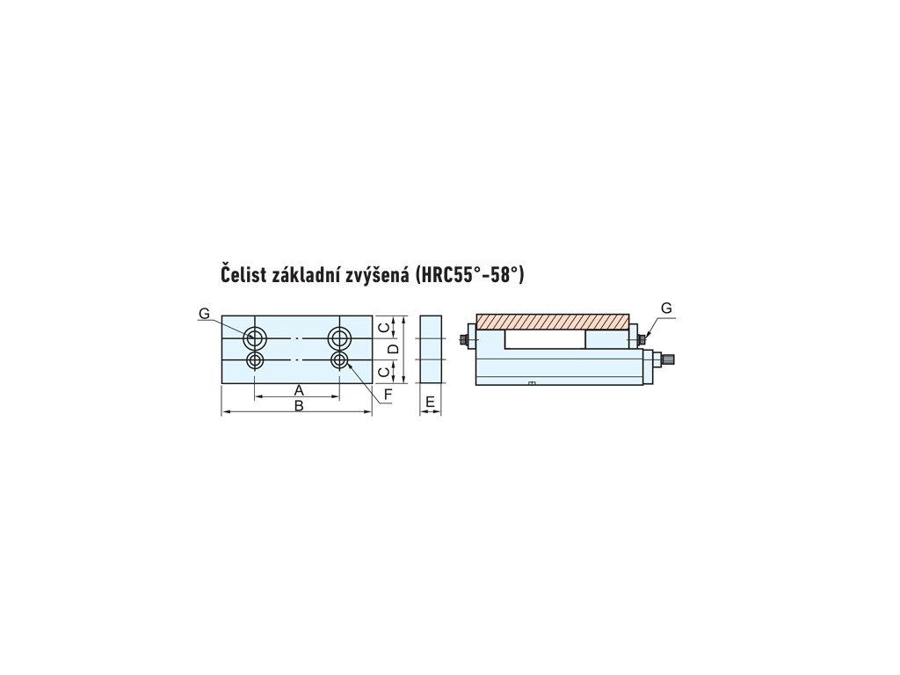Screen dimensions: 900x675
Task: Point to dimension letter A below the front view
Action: [299, 389]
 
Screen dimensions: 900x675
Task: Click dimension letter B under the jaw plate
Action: [299, 405]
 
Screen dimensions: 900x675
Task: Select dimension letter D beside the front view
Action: [394, 349]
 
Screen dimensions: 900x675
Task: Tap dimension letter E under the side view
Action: [431, 403]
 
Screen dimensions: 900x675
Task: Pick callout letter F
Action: [388, 396]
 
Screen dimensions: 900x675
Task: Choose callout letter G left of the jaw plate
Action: [204, 314]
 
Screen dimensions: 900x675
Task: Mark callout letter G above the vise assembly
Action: [666, 308]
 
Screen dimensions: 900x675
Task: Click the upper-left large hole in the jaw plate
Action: [257, 337]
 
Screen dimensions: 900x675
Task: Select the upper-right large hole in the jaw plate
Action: [339, 337]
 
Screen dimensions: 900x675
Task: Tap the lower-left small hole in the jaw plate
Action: [256, 360]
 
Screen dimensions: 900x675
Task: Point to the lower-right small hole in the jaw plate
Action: [339, 360]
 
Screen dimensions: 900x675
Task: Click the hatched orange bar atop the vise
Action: [553, 321]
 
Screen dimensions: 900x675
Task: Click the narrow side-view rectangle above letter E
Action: [431, 349]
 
